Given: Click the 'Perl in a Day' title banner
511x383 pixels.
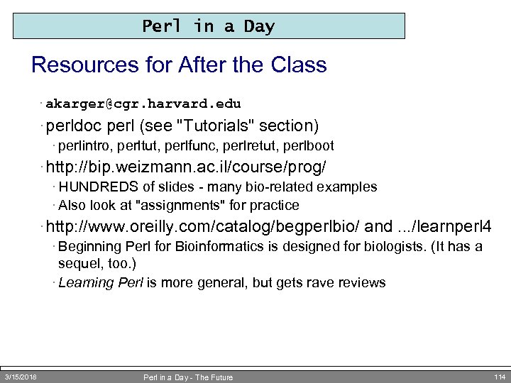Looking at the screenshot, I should click(x=209, y=26).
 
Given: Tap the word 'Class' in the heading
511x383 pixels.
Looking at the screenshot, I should click(x=299, y=65).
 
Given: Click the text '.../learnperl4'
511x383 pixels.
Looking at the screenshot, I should click(x=443, y=227).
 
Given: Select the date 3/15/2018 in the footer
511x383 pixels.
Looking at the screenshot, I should click(x=21, y=376).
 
